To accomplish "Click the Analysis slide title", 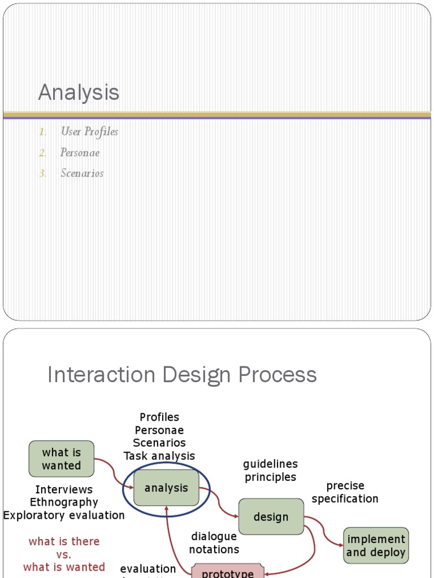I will point(79,93).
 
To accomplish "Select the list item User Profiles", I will point(89,132).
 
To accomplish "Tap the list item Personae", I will point(80,152).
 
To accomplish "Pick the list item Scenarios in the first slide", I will point(82,173).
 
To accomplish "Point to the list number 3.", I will point(43,173).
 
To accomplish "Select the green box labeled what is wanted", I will point(62,459).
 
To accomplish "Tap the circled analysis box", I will point(166,488).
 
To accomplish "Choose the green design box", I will point(271,516).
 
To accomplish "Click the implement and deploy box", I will point(376,545).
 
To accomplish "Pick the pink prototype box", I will point(228,572).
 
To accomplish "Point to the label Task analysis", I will point(159,456).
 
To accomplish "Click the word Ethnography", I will point(64,502).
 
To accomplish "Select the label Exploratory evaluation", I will point(64,515).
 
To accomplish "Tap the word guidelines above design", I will point(270,464).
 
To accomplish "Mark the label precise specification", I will point(345,492).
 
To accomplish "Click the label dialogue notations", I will point(214,542).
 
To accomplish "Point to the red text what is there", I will point(64,541).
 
